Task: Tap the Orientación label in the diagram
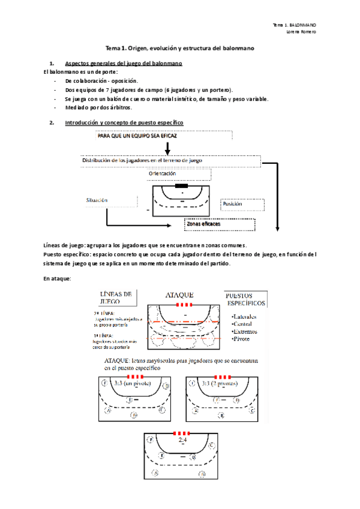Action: pyautogui.click(x=162, y=173)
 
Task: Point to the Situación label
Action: pyautogui.click(x=97, y=200)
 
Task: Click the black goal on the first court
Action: pyautogui.click(x=181, y=185)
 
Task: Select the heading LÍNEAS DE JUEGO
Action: pyautogui.click(x=115, y=297)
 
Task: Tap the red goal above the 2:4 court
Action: pyautogui.click(x=181, y=433)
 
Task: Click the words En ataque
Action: pyautogui.click(x=58, y=278)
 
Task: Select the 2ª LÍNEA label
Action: pyautogui.click(x=104, y=313)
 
